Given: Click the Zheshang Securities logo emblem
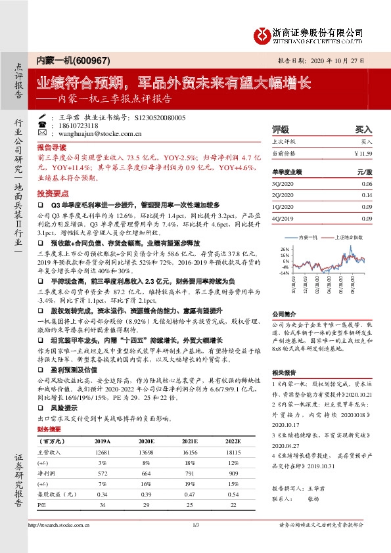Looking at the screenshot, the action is click(x=262, y=33).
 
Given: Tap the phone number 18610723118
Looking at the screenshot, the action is click(x=74, y=125).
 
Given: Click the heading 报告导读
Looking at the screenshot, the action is click(x=52, y=148).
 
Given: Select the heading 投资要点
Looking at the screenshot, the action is click(x=52, y=194).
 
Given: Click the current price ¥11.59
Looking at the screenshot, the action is click(x=362, y=153).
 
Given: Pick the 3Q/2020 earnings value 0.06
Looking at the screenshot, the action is click(x=366, y=184).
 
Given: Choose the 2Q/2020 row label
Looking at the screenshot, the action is click(x=284, y=195).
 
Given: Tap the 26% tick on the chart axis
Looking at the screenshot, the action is click(x=285, y=250).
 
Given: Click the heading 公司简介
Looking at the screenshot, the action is click(x=286, y=314).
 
